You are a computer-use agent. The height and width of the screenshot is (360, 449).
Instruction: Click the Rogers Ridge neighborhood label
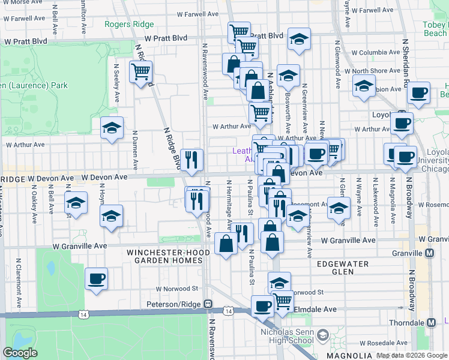tap(129, 25)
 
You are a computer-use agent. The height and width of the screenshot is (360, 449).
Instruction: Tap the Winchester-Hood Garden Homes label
tap(168, 257)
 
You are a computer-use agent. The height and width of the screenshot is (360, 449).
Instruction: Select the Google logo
tap(20, 353)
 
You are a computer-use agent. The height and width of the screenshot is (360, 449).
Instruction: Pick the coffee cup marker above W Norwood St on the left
tap(96, 278)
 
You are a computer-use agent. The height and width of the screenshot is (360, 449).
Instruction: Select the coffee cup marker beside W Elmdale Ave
tap(262, 306)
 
